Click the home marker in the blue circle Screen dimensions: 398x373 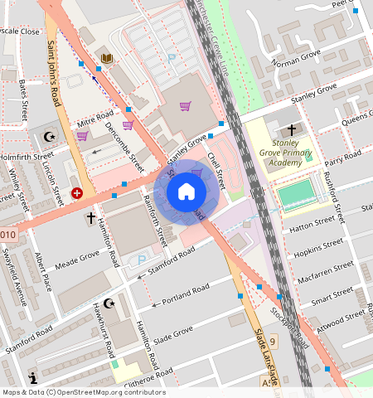click(x=186, y=192)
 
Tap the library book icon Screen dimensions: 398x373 click(x=106, y=57)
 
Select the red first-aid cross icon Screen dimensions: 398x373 click(x=77, y=192)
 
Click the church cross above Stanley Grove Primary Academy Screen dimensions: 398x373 click(x=291, y=130)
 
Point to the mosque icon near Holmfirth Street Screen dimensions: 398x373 click(x=46, y=135)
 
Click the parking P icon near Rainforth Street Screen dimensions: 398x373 click(x=141, y=260)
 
